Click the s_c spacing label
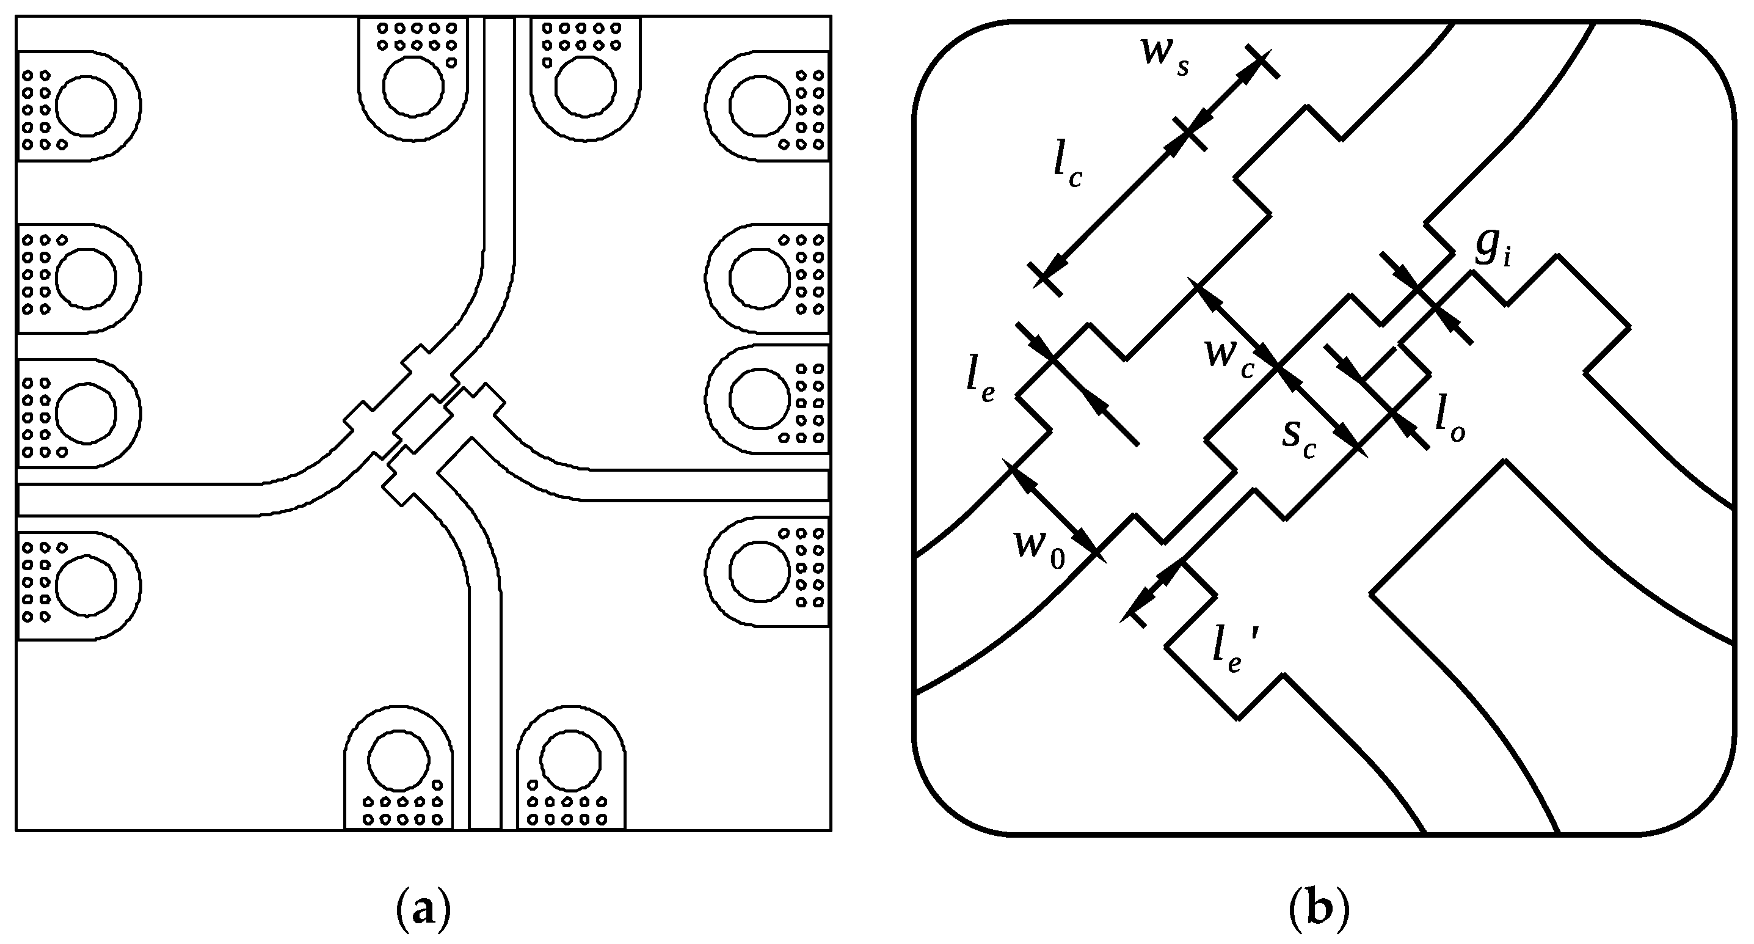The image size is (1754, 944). (x=1298, y=436)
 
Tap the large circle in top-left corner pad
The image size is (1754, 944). (x=86, y=106)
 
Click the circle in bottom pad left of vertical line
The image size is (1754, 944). (x=398, y=759)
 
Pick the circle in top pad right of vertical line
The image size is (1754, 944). (x=585, y=87)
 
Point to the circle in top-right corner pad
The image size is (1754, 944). (x=760, y=106)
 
